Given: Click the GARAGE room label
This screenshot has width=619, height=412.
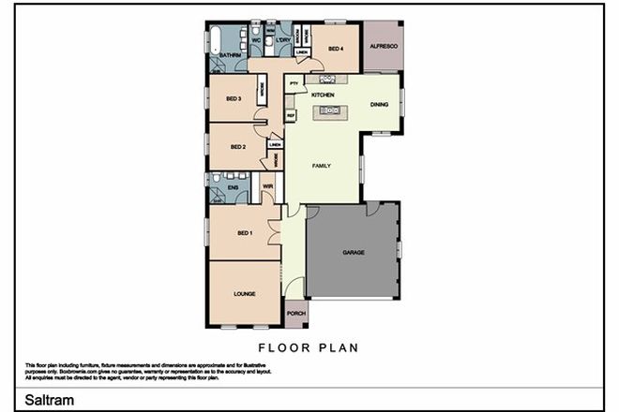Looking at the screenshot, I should (353, 253).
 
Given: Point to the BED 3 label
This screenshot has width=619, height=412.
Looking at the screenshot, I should (234, 99).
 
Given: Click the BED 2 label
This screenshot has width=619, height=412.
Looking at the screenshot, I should (237, 147).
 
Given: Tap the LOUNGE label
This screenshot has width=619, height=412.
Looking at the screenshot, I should (244, 293).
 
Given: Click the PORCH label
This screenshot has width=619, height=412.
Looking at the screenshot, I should (295, 314).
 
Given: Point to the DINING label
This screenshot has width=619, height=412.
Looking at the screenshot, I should (378, 104).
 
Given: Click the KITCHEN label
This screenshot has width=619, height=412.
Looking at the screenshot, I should (323, 96).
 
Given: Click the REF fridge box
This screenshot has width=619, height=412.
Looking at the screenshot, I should (291, 115).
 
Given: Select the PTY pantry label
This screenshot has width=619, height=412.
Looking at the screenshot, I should (294, 85).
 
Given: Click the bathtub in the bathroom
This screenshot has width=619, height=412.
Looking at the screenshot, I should (216, 40).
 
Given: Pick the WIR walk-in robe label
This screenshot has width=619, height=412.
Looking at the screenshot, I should (267, 185).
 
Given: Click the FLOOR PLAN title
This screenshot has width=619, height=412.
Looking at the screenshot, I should (309, 346).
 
